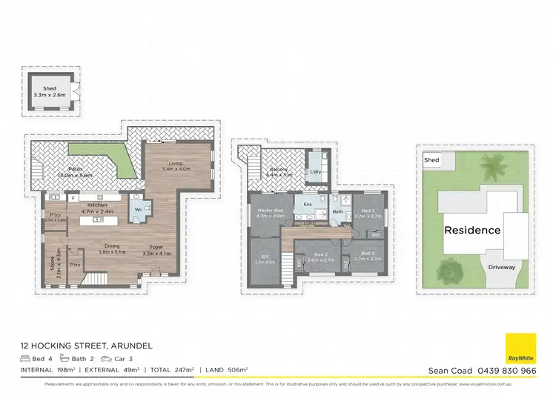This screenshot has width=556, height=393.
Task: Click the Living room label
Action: (x=176, y=165)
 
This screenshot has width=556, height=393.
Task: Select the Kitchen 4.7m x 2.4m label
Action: (x=99, y=208)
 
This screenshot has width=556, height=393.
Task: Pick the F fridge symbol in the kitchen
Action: (x=73, y=198)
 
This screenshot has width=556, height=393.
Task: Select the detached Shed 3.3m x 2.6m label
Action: (x=48, y=92)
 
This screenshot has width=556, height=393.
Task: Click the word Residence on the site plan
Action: (x=472, y=230)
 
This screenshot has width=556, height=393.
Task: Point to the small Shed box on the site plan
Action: (x=431, y=159)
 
